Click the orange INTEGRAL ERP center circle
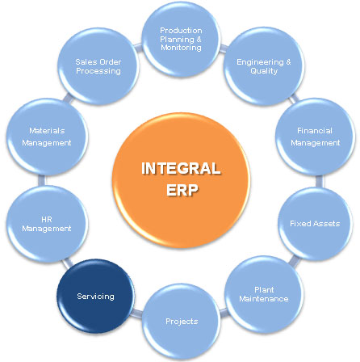(181, 180)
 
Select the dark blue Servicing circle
(95, 296)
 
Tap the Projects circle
(181, 322)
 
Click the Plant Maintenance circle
(264, 294)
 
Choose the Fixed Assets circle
(315, 224)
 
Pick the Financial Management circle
(315, 137)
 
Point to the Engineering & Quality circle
(264, 66)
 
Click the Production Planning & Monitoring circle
(181, 39)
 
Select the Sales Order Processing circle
(98, 66)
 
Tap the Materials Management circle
(47, 137)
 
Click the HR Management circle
(47, 224)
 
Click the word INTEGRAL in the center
(181, 169)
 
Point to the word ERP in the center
(182, 190)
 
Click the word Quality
(264, 71)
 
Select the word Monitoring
(181, 48)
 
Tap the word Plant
(264, 290)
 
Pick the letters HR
(47, 220)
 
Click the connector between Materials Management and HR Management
(42, 180)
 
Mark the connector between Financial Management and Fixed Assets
(320, 181)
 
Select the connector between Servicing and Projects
(137, 314)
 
